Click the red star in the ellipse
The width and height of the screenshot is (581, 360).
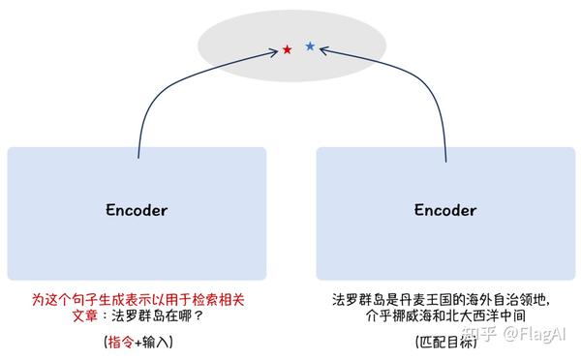tap(287, 48)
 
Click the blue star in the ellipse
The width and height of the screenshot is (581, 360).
tap(310, 45)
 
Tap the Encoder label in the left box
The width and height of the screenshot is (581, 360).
tap(137, 210)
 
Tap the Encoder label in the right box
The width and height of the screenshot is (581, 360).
tap(445, 210)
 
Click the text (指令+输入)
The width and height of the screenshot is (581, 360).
tap(138, 342)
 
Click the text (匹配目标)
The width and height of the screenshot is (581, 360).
tap(445, 342)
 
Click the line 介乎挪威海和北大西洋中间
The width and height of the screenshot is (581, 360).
tap(444, 315)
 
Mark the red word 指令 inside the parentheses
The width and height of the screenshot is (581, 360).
tap(121, 342)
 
